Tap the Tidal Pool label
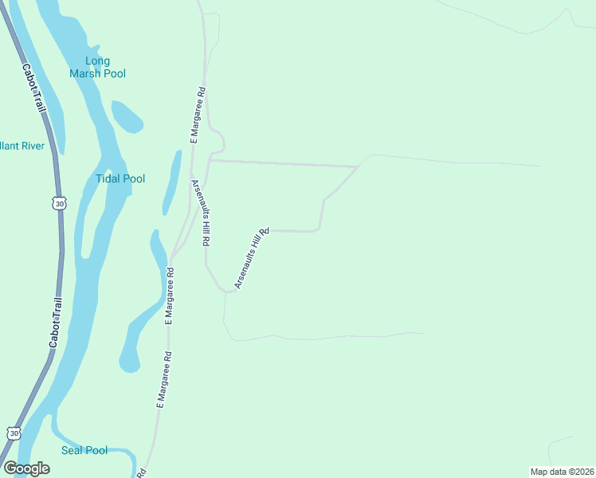point(120,178)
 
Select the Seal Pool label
point(84,450)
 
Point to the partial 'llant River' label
point(22,146)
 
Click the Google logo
point(26,468)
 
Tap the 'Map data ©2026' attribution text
point(562,472)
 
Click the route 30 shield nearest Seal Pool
point(14,433)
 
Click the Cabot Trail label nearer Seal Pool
point(55,322)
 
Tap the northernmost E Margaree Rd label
point(198,115)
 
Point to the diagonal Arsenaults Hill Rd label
point(252,257)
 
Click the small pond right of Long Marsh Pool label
point(127,116)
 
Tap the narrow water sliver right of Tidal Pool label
point(171,181)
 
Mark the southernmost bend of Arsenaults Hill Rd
point(229,292)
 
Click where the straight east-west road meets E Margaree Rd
point(210,160)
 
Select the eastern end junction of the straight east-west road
point(358,167)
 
